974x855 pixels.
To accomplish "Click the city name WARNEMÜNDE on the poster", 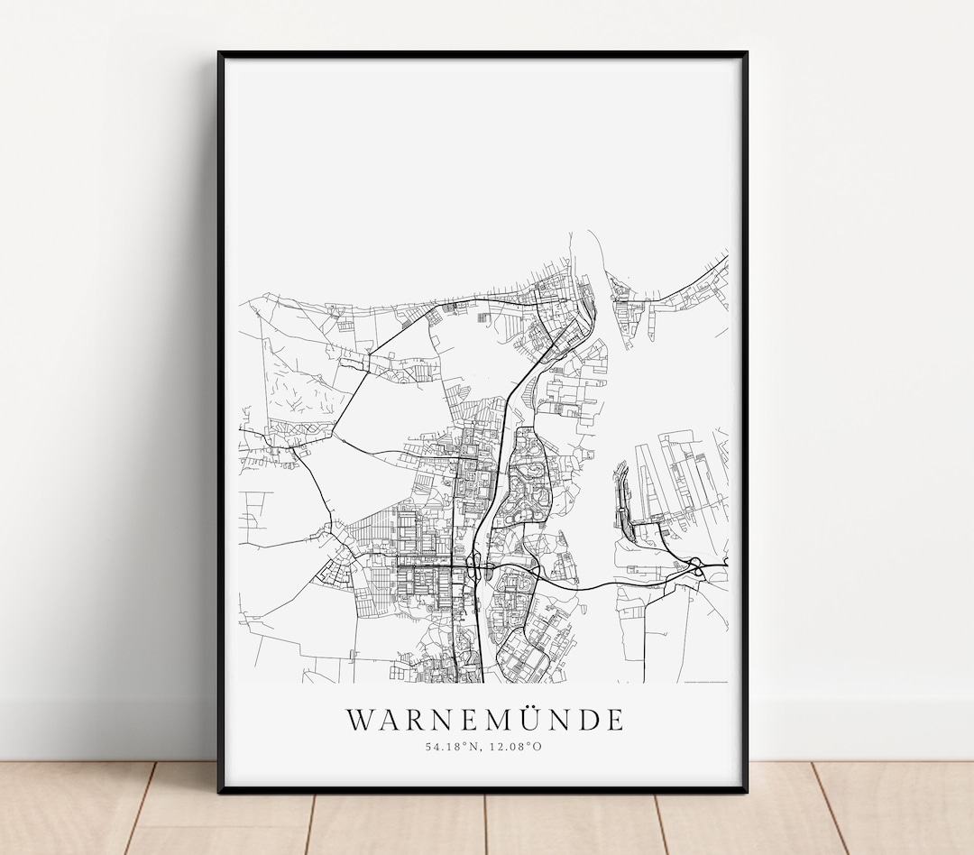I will tap(484, 720).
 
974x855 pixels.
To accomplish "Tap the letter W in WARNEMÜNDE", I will tap(359, 720).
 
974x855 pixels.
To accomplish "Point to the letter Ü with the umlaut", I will tap(523, 719).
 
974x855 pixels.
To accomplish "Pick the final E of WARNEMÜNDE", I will tap(613, 720).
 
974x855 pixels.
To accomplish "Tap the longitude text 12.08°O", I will tap(515, 746).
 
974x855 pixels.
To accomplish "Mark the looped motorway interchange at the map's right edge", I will tap(697, 565).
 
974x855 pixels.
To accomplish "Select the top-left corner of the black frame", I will tap(220, 54).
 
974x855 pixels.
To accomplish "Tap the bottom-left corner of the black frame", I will tap(220, 790).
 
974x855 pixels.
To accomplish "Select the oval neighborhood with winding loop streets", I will tap(528, 478).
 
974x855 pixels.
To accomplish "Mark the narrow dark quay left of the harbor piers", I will tap(621, 501).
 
